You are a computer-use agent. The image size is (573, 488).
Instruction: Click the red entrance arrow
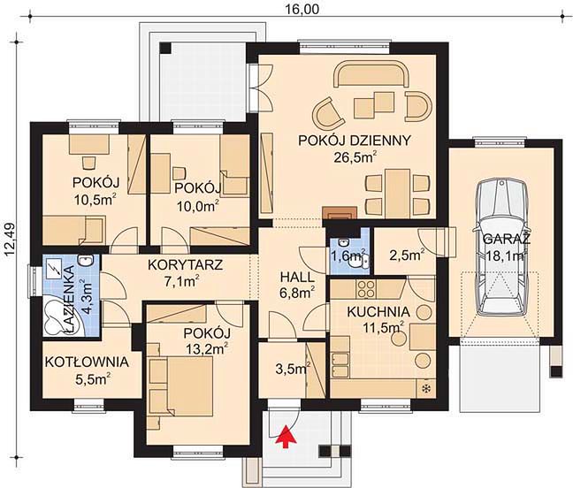tap(287, 436)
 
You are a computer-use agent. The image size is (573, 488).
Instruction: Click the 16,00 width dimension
tap(302, 9)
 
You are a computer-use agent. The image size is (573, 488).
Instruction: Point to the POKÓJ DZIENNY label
tap(355, 141)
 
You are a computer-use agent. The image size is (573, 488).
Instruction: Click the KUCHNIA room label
tap(378, 312)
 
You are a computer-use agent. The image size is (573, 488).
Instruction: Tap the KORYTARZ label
tap(186, 265)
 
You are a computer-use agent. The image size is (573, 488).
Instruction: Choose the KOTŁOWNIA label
tap(87, 362)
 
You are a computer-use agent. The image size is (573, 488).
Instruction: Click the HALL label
tap(297, 277)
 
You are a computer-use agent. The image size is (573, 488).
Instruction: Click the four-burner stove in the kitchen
tap(365, 288)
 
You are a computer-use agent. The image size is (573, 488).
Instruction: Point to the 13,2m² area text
tap(207, 349)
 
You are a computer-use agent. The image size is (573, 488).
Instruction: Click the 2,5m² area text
tap(407, 255)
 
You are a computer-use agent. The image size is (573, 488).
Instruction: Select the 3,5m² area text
tap(293, 368)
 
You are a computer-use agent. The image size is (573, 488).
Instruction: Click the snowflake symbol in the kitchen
tap(425, 389)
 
